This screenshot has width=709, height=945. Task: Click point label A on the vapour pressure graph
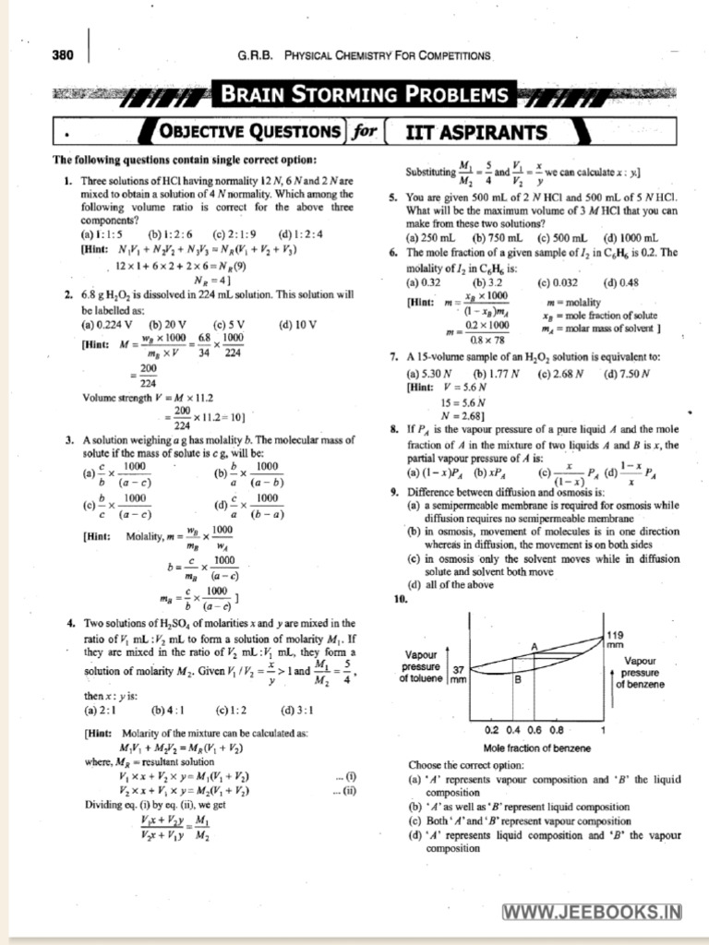pos(534,647)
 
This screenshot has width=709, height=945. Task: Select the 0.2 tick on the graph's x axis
pos(490,729)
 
